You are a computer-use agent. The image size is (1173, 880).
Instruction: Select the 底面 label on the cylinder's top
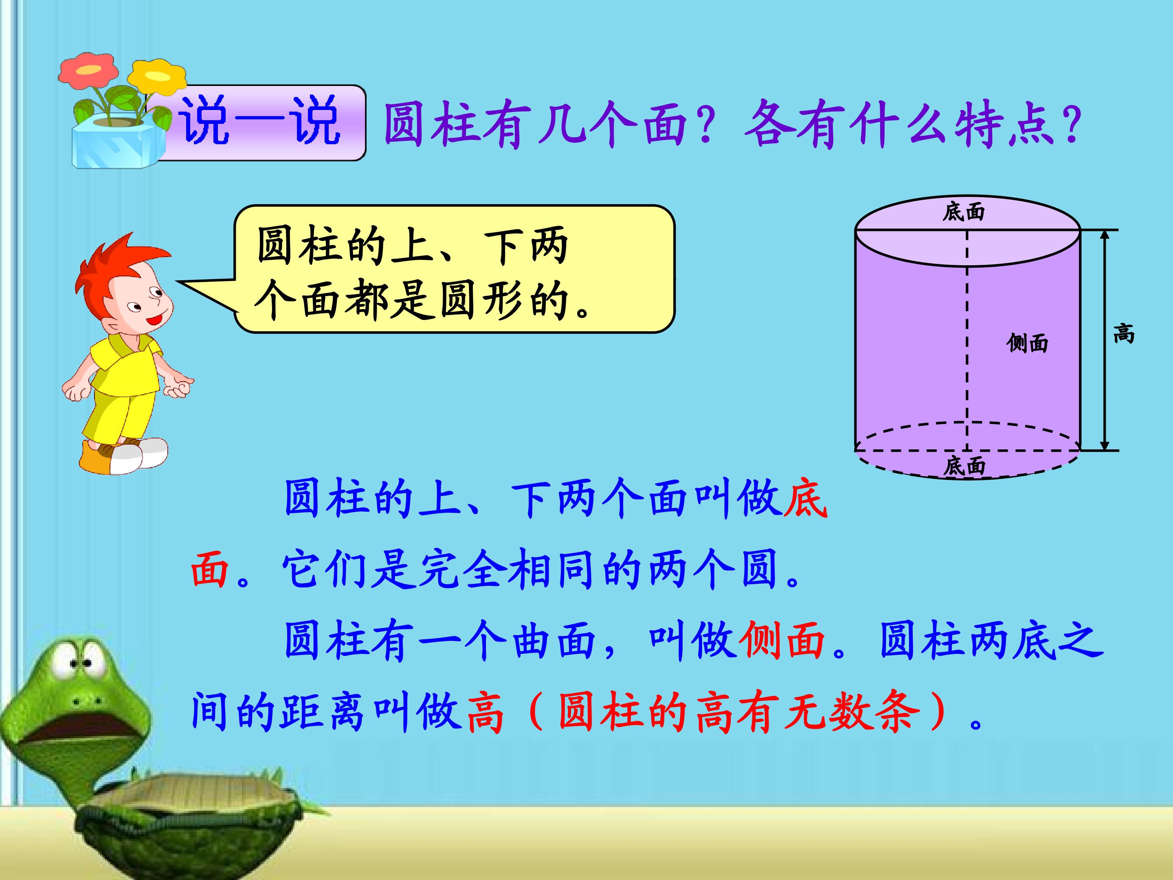pos(964,212)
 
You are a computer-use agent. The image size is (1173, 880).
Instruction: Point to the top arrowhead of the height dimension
pos(1104,236)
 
